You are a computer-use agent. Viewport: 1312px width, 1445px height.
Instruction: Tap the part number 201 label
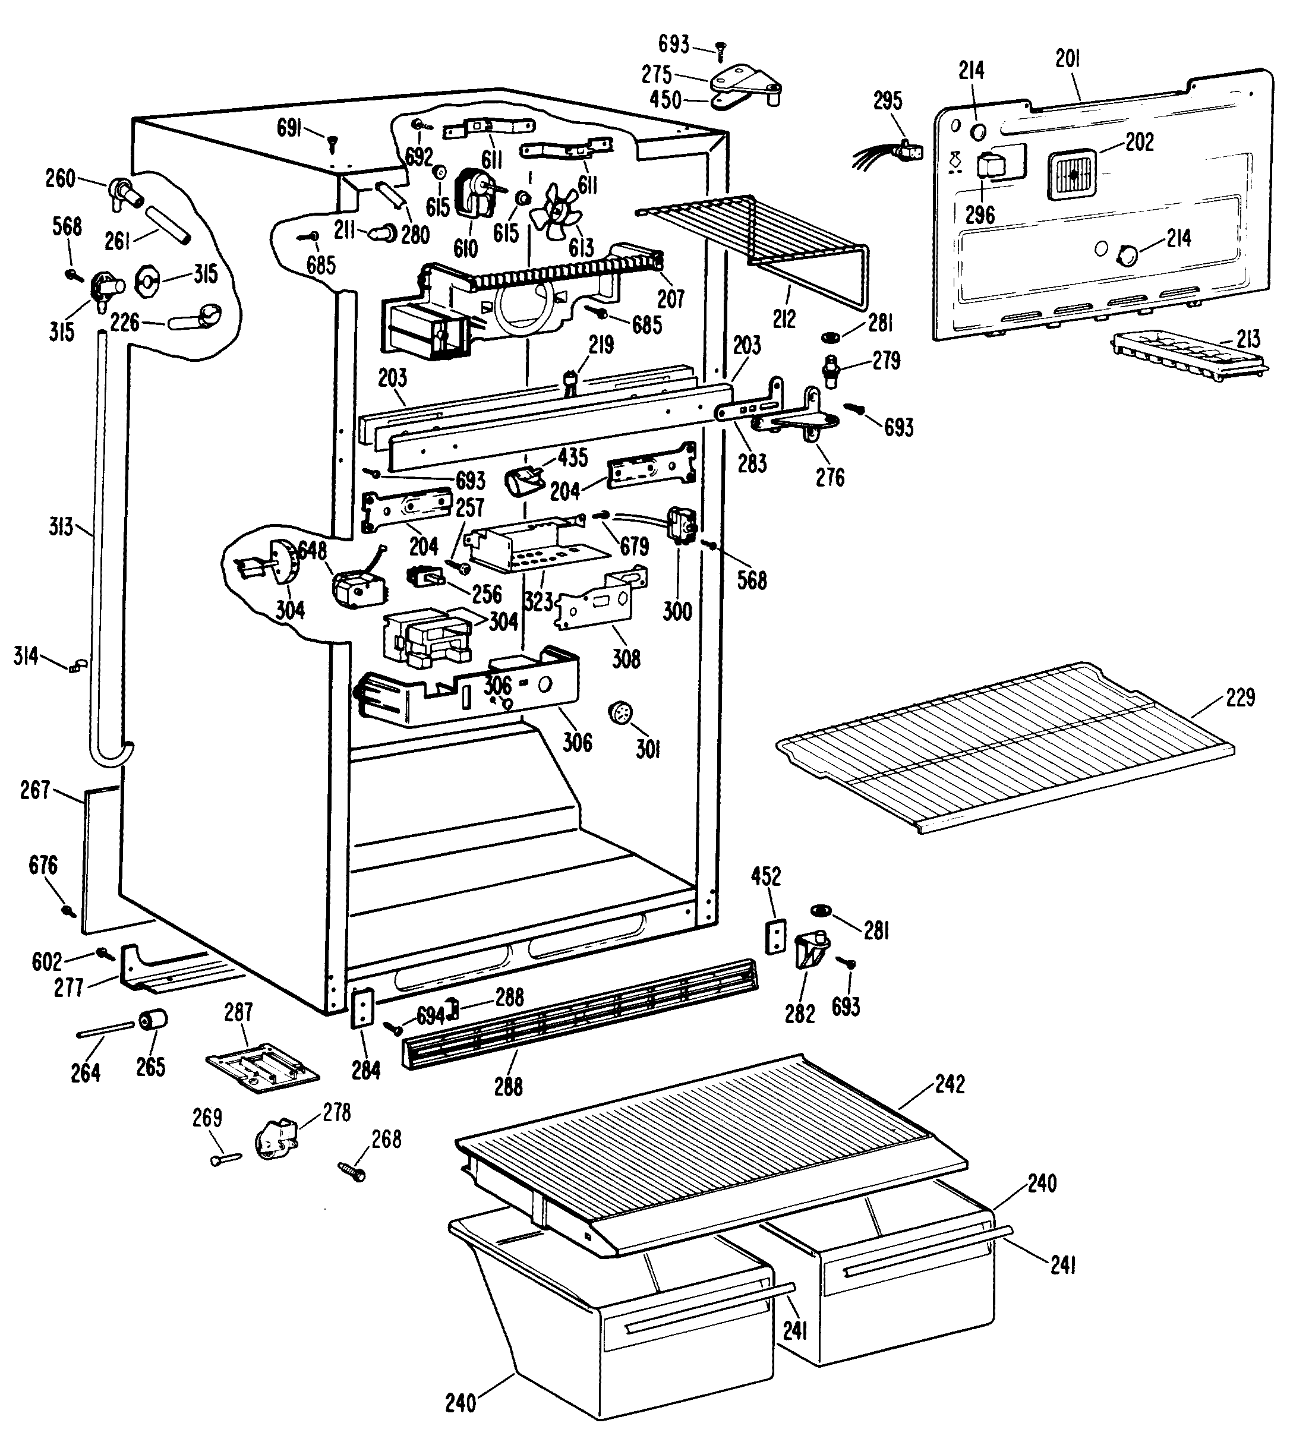[x=1068, y=58]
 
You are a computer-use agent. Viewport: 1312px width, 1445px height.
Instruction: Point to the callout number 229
[x=1240, y=697]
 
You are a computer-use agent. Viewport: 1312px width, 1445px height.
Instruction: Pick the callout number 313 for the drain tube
[x=61, y=527]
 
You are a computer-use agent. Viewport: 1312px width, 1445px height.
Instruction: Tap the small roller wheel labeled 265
[x=153, y=1020]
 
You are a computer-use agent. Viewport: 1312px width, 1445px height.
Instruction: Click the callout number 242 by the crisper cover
[x=950, y=1084]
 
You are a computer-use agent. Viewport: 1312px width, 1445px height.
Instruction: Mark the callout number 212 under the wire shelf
[x=784, y=319]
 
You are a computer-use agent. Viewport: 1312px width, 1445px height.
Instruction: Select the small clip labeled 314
[x=76, y=667]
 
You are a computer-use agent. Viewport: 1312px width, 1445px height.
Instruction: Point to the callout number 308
[x=625, y=659]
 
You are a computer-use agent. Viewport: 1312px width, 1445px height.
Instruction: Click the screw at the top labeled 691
[x=332, y=144]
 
